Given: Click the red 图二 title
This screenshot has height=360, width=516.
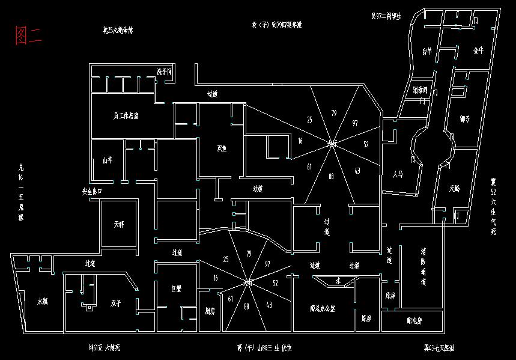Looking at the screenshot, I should pos(28,36).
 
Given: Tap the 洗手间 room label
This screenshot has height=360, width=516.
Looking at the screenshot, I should pos(164,72).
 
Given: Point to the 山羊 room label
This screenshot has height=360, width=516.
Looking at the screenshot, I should pos(108,160).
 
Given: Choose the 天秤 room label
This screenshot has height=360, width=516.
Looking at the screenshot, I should pos(118,225).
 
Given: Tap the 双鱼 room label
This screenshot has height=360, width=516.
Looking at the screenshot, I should pos(222,148).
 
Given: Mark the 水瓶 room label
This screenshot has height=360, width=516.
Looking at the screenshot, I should pos(43,301).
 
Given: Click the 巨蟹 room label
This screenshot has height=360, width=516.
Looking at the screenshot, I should pos(177,289).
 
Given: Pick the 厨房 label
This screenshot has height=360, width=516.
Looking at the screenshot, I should pos(210,311).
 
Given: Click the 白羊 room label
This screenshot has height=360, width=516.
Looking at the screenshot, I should pos(427,52).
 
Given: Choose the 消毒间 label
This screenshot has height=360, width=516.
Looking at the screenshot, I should pos(420,90).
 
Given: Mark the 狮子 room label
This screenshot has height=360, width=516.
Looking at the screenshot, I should pos(464,118).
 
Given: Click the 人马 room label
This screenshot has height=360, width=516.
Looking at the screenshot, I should pos(397,175).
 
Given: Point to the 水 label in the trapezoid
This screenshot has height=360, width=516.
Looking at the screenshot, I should pos(338,281).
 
